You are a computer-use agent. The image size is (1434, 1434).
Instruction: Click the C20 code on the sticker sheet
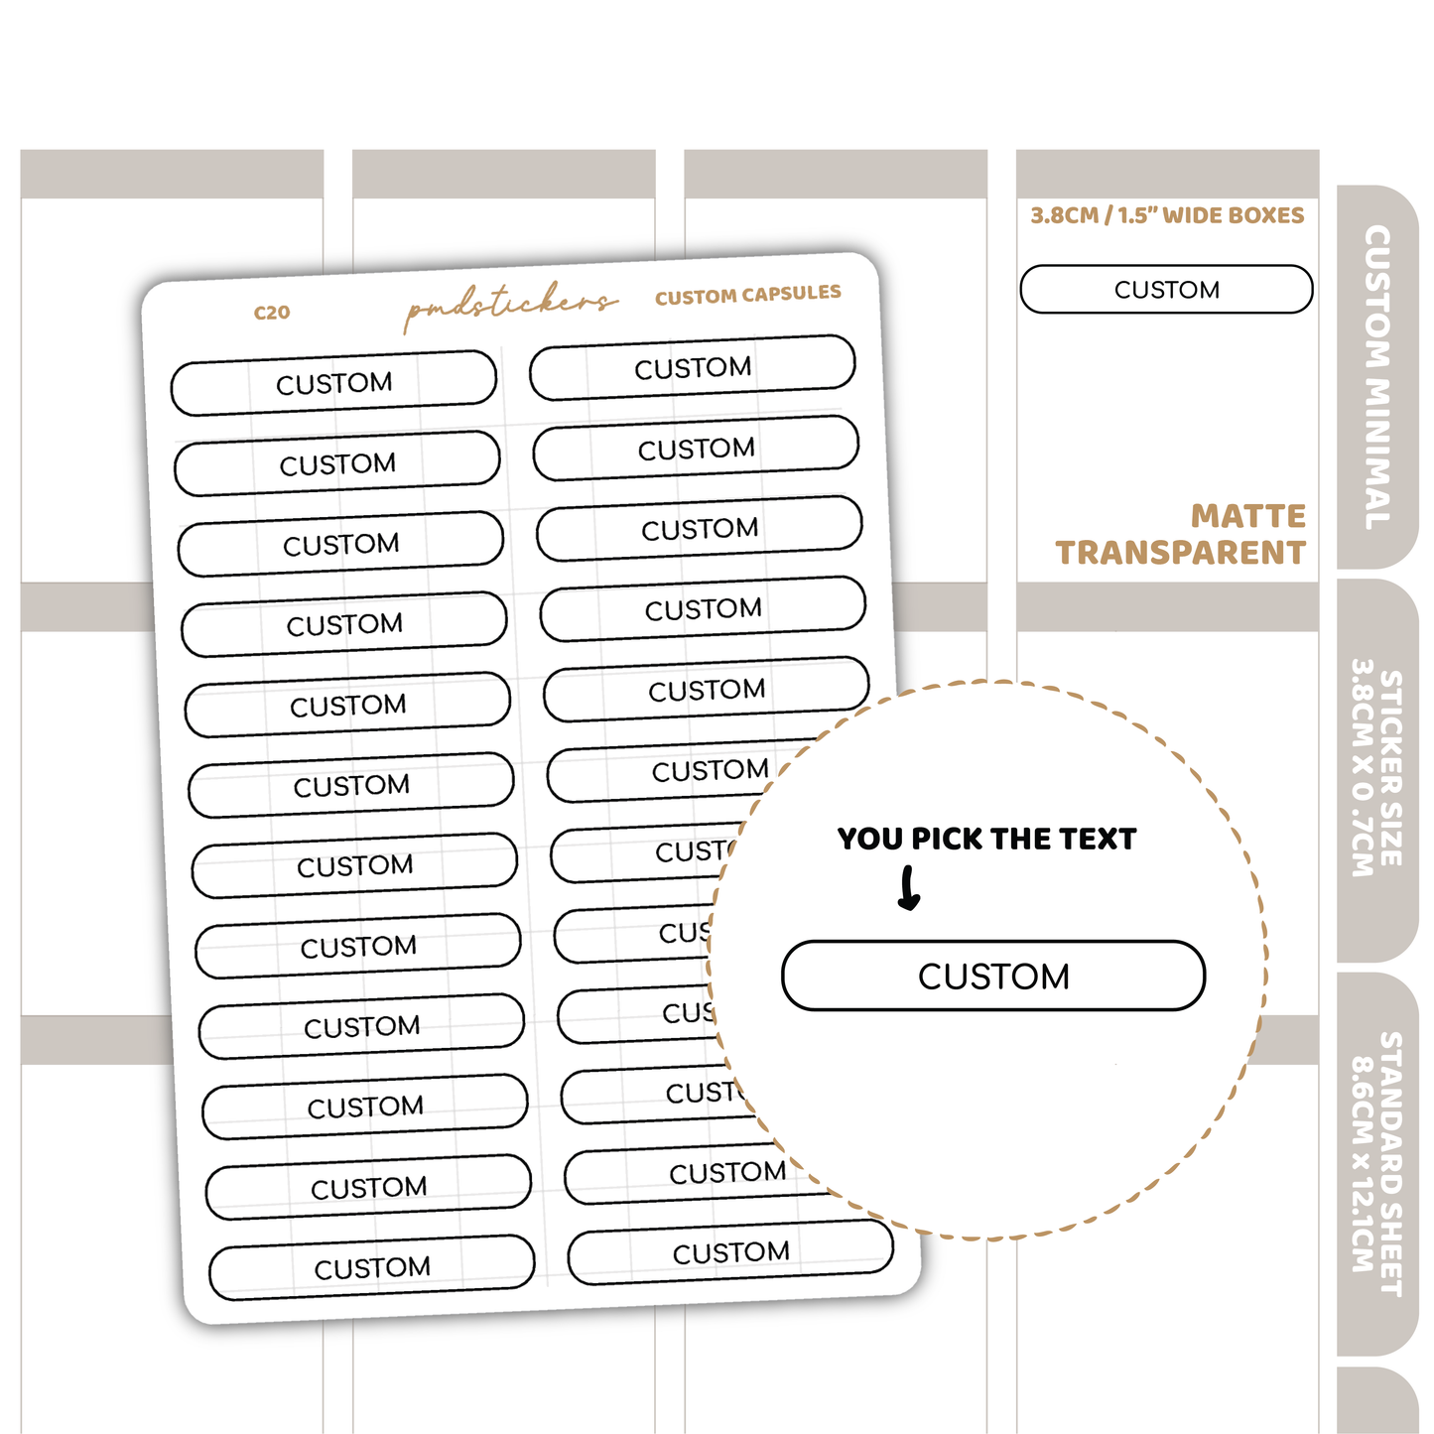[x=272, y=313]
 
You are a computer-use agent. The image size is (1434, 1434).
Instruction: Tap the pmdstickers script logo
[x=510, y=306]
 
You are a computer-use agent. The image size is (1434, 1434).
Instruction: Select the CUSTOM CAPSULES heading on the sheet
[x=747, y=295]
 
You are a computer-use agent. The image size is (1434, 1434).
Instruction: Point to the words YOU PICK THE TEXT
[x=986, y=840]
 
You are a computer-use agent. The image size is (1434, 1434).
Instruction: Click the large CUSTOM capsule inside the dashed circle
[x=993, y=977]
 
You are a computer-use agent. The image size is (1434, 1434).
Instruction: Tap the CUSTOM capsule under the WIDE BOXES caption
[x=1166, y=290]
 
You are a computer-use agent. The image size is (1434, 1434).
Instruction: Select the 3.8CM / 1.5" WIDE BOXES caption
[x=1167, y=215]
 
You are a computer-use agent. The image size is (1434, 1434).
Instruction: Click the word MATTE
[x=1248, y=516]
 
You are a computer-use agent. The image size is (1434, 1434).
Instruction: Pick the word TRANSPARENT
[x=1180, y=553]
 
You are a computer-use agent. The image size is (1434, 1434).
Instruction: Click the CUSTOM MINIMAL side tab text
[x=1377, y=377]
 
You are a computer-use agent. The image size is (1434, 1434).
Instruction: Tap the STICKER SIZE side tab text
[x=1391, y=768]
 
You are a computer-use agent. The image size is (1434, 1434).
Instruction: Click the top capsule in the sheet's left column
[x=333, y=383]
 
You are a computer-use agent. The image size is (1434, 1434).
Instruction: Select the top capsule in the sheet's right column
[x=693, y=368]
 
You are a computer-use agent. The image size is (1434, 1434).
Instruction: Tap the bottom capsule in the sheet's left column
[x=372, y=1267]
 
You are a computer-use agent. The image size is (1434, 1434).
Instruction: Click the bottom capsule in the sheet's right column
[x=730, y=1252]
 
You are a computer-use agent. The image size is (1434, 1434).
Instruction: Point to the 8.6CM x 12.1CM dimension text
[x=1364, y=1163]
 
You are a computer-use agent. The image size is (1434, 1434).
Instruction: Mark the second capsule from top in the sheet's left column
[x=337, y=463]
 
